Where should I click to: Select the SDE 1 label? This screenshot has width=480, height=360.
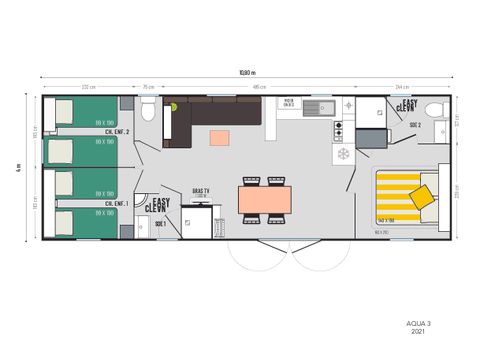[159, 225]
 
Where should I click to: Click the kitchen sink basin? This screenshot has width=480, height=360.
[319, 107]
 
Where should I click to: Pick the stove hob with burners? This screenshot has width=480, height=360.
[338, 131]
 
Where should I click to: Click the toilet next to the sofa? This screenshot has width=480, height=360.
[147, 109]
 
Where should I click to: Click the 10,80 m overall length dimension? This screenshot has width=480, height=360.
[247, 73]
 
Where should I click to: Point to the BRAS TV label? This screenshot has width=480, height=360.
[200, 190]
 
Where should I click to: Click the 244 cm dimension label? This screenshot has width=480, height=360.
[401, 86]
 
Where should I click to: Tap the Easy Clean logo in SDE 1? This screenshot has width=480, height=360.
[158, 206]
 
